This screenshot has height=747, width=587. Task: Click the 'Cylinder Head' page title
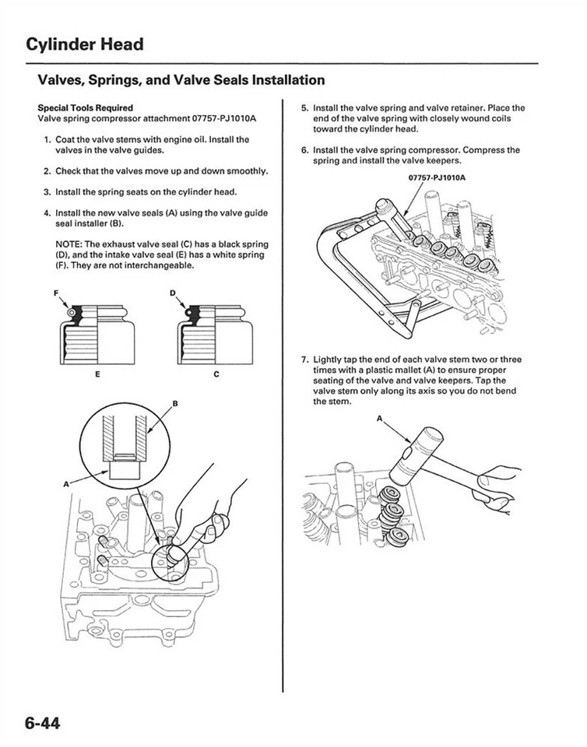(x=84, y=44)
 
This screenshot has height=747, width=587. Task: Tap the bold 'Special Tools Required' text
(x=86, y=108)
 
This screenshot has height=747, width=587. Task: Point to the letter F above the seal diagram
(x=56, y=293)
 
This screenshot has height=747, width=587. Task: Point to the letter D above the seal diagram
(x=172, y=293)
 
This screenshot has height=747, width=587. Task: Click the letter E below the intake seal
(x=97, y=374)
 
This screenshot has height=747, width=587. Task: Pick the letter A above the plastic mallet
(x=381, y=419)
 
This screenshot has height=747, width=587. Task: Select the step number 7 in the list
(x=304, y=359)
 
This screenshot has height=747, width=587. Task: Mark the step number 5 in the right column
(x=304, y=108)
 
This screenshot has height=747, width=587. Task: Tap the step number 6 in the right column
(x=304, y=150)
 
